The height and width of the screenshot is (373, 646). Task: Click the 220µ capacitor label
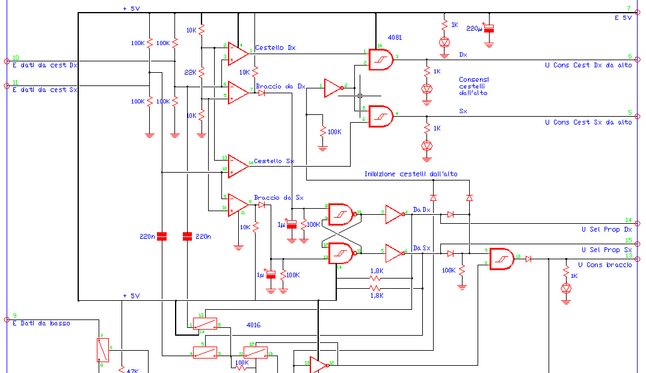click(x=475, y=29)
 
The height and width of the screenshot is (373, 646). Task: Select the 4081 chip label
click(x=395, y=37)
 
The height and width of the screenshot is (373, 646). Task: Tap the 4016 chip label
click(x=254, y=324)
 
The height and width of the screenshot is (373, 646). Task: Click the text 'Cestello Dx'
click(x=275, y=48)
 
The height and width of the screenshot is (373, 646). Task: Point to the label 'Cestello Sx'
click(x=274, y=161)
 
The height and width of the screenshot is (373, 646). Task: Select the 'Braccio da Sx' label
click(x=278, y=197)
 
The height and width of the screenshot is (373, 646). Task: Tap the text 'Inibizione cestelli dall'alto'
click(x=410, y=174)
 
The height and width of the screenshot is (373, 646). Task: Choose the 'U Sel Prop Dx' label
click(x=606, y=229)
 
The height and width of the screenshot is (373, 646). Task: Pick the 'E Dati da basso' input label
click(x=41, y=323)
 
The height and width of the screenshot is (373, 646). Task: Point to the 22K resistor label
click(x=190, y=72)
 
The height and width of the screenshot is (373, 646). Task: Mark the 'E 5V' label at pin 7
click(x=623, y=17)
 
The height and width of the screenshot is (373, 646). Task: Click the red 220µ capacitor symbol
click(x=490, y=28)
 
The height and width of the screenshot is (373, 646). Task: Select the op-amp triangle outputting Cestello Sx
click(x=237, y=166)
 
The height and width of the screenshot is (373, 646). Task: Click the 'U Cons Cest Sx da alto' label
click(x=588, y=122)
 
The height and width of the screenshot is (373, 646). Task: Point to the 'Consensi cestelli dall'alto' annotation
click(x=473, y=86)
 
